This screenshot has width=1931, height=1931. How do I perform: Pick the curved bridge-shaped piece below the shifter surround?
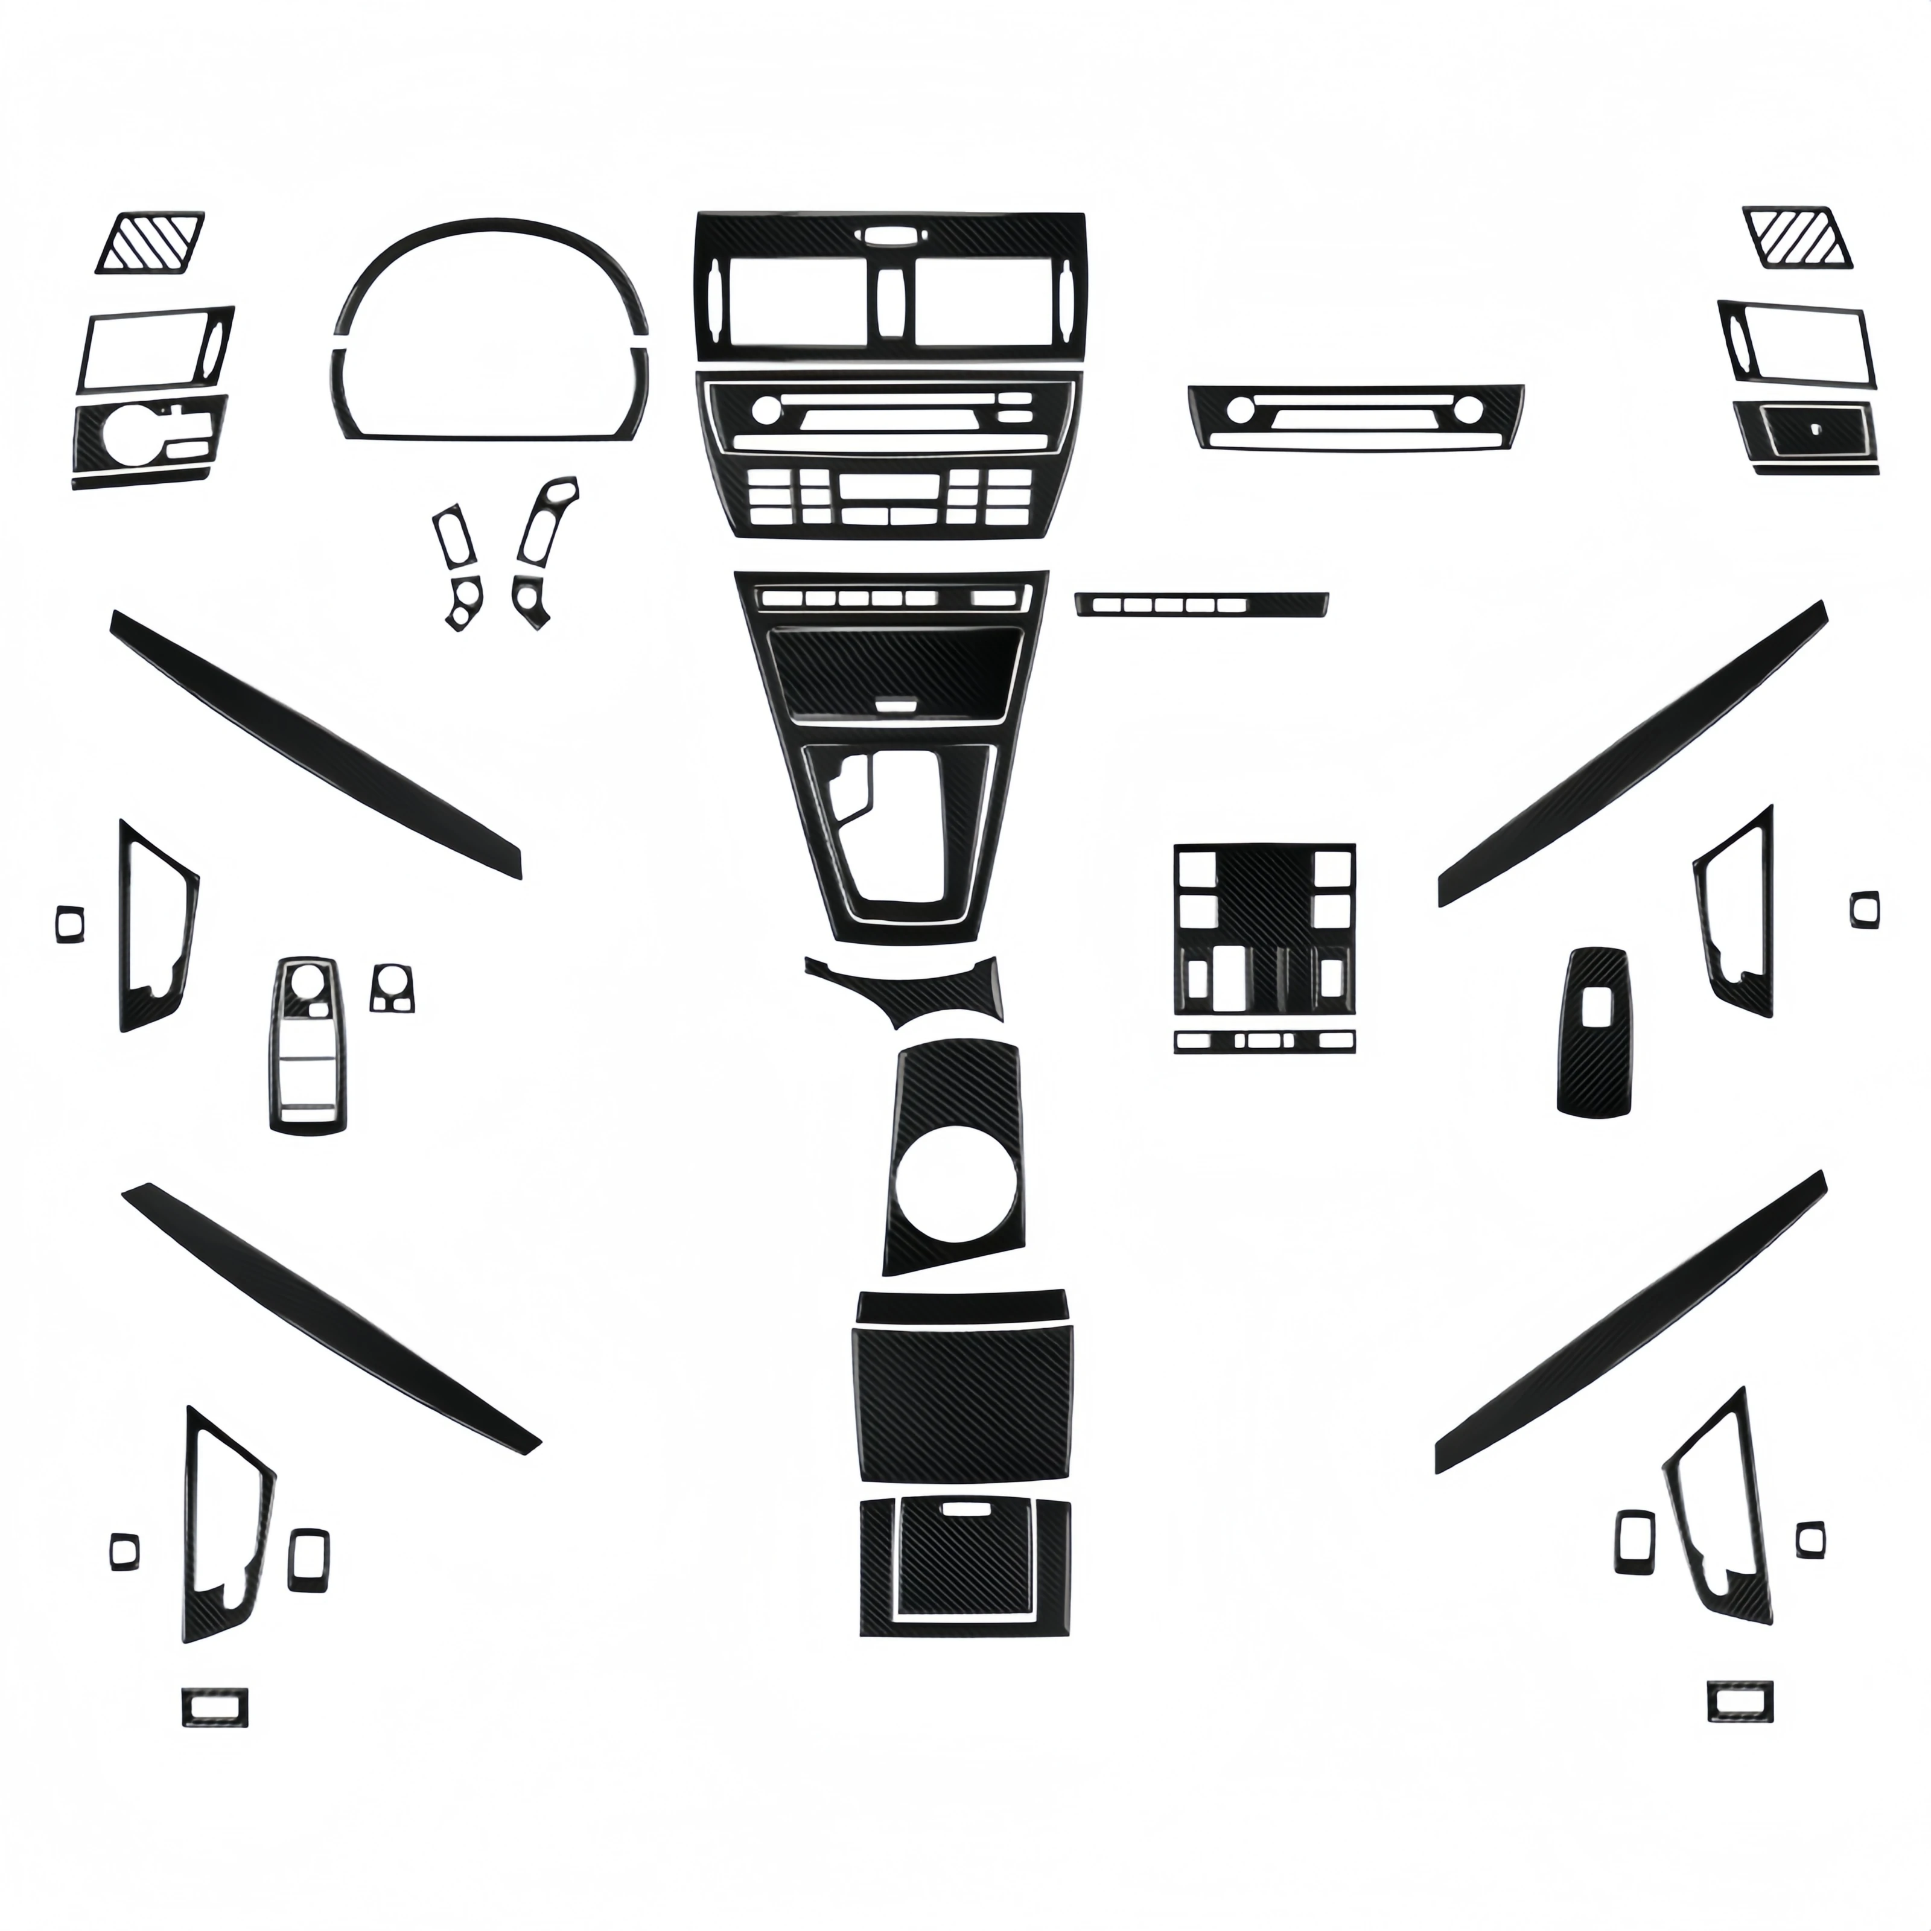tap(905, 990)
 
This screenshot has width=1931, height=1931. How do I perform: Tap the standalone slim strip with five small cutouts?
tap(1203, 603)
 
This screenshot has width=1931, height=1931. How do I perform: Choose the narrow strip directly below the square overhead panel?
tap(1265, 1040)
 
